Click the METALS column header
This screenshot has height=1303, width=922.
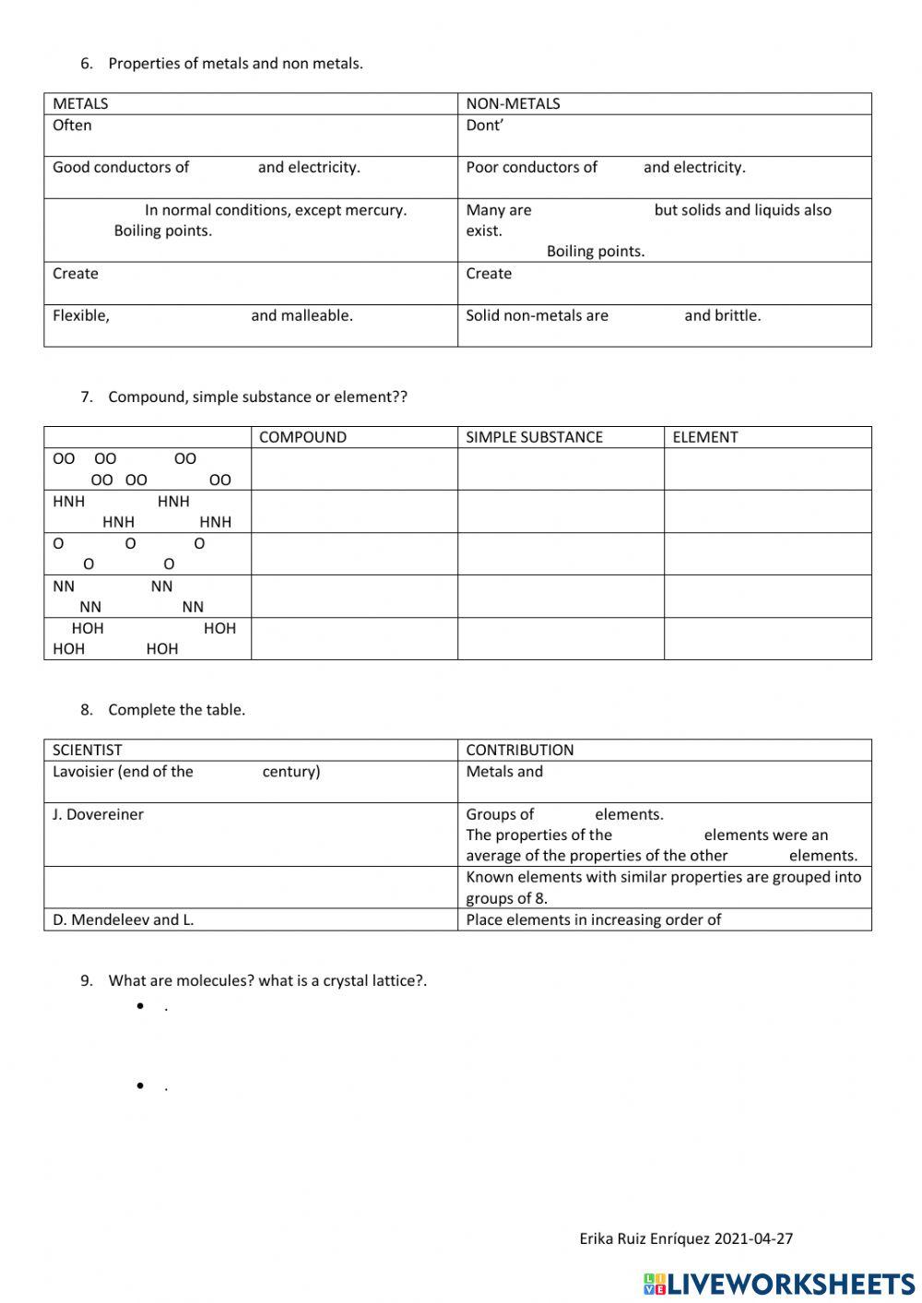tap(80, 103)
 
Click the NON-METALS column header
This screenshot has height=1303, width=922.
tap(513, 103)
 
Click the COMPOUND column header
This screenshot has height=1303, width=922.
tap(302, 437)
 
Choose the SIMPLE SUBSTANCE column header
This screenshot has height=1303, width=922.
tap(534, 437)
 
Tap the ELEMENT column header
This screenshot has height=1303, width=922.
tap(704, 437)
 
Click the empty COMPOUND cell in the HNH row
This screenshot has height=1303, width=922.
tap(354, 512)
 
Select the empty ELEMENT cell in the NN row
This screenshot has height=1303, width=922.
tap(767, 597)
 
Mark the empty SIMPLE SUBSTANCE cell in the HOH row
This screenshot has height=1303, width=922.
tap(561, 638)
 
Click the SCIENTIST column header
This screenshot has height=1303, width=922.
tap(87, 750)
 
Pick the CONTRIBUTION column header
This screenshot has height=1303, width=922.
tap(519, 750)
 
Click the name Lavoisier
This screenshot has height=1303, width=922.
tap(83, 772)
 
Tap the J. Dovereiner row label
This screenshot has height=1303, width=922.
tap(98, 814)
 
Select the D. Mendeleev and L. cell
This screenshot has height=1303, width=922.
tap(123, 919)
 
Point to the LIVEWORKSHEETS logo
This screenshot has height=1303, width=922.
tap(779, 1284)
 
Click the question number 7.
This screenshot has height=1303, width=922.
tap(87, 397)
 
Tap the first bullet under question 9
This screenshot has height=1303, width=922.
tap(141, 1006)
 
